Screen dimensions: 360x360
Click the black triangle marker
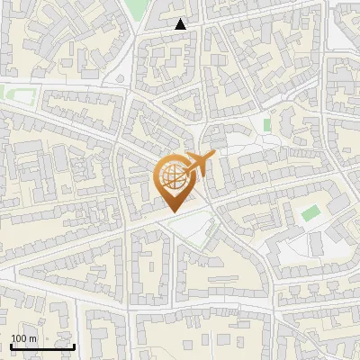[x=181, y=24]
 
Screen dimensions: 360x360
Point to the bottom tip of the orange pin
[x=171, y=211]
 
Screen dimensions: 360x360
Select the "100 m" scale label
[x=24, y=338]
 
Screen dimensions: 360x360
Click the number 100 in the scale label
[x=20, y=338]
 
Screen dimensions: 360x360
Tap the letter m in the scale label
[x=33, y=338]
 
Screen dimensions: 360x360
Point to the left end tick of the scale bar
[x=11, y=346]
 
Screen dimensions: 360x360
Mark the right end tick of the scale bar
[x=74, y=346]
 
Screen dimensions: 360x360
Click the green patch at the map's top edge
[x=135, y=8]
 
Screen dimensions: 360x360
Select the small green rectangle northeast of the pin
[x=266, y=123]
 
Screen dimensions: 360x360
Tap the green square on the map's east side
[x=310, y=213]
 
